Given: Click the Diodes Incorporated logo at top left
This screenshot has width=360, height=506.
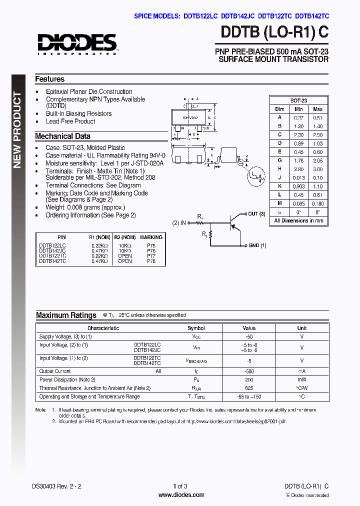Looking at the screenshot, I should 76,44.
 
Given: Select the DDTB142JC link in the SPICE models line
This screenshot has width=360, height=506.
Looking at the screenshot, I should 237,16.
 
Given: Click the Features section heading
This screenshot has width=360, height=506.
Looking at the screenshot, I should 49,79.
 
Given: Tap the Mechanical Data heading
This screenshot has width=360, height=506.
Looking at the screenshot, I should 62,136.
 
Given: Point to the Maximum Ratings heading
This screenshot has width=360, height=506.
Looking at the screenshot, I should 66,315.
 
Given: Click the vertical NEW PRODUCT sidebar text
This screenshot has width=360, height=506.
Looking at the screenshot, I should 17,130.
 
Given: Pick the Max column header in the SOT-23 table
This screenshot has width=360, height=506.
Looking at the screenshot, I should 317,109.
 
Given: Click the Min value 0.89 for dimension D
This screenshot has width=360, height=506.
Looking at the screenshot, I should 298,143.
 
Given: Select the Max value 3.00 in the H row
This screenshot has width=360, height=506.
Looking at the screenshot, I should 317,169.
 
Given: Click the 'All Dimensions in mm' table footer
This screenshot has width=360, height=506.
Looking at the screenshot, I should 298,220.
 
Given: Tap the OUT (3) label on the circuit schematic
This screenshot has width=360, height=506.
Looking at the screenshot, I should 256,214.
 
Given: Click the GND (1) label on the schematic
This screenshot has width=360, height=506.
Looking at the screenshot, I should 257,245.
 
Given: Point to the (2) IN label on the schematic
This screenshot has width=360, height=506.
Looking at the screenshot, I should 179,222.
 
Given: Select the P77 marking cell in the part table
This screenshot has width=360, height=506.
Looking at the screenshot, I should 151,255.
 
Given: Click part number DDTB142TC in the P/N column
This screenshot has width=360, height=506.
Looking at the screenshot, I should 52,261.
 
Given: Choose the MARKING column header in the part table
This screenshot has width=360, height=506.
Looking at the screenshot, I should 151,237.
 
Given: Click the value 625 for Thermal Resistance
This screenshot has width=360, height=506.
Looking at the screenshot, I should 249,388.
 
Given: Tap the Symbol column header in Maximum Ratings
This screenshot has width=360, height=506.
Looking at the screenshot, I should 196,328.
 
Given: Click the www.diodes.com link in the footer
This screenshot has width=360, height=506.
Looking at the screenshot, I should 181,495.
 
